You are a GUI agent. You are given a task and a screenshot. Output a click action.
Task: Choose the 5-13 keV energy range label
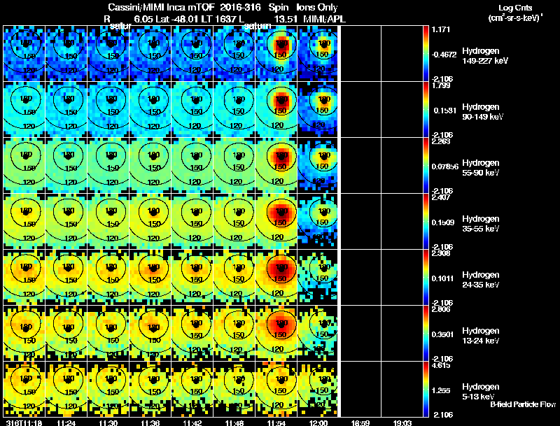click(x=478, y=397)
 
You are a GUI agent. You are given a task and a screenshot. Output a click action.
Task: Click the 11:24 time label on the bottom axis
click(x=66, y=423)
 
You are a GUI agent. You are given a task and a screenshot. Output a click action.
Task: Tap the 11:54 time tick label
click(x=277, y=423)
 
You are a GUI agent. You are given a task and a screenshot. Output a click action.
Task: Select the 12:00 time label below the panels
click(x=319, y=423)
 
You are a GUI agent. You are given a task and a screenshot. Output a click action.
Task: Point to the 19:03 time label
click(x=402, y=423)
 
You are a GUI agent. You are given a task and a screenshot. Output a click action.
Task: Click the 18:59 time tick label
click(x=360, y=423)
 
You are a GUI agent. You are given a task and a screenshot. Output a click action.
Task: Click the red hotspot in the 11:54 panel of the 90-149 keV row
click(x=280, y=98)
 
